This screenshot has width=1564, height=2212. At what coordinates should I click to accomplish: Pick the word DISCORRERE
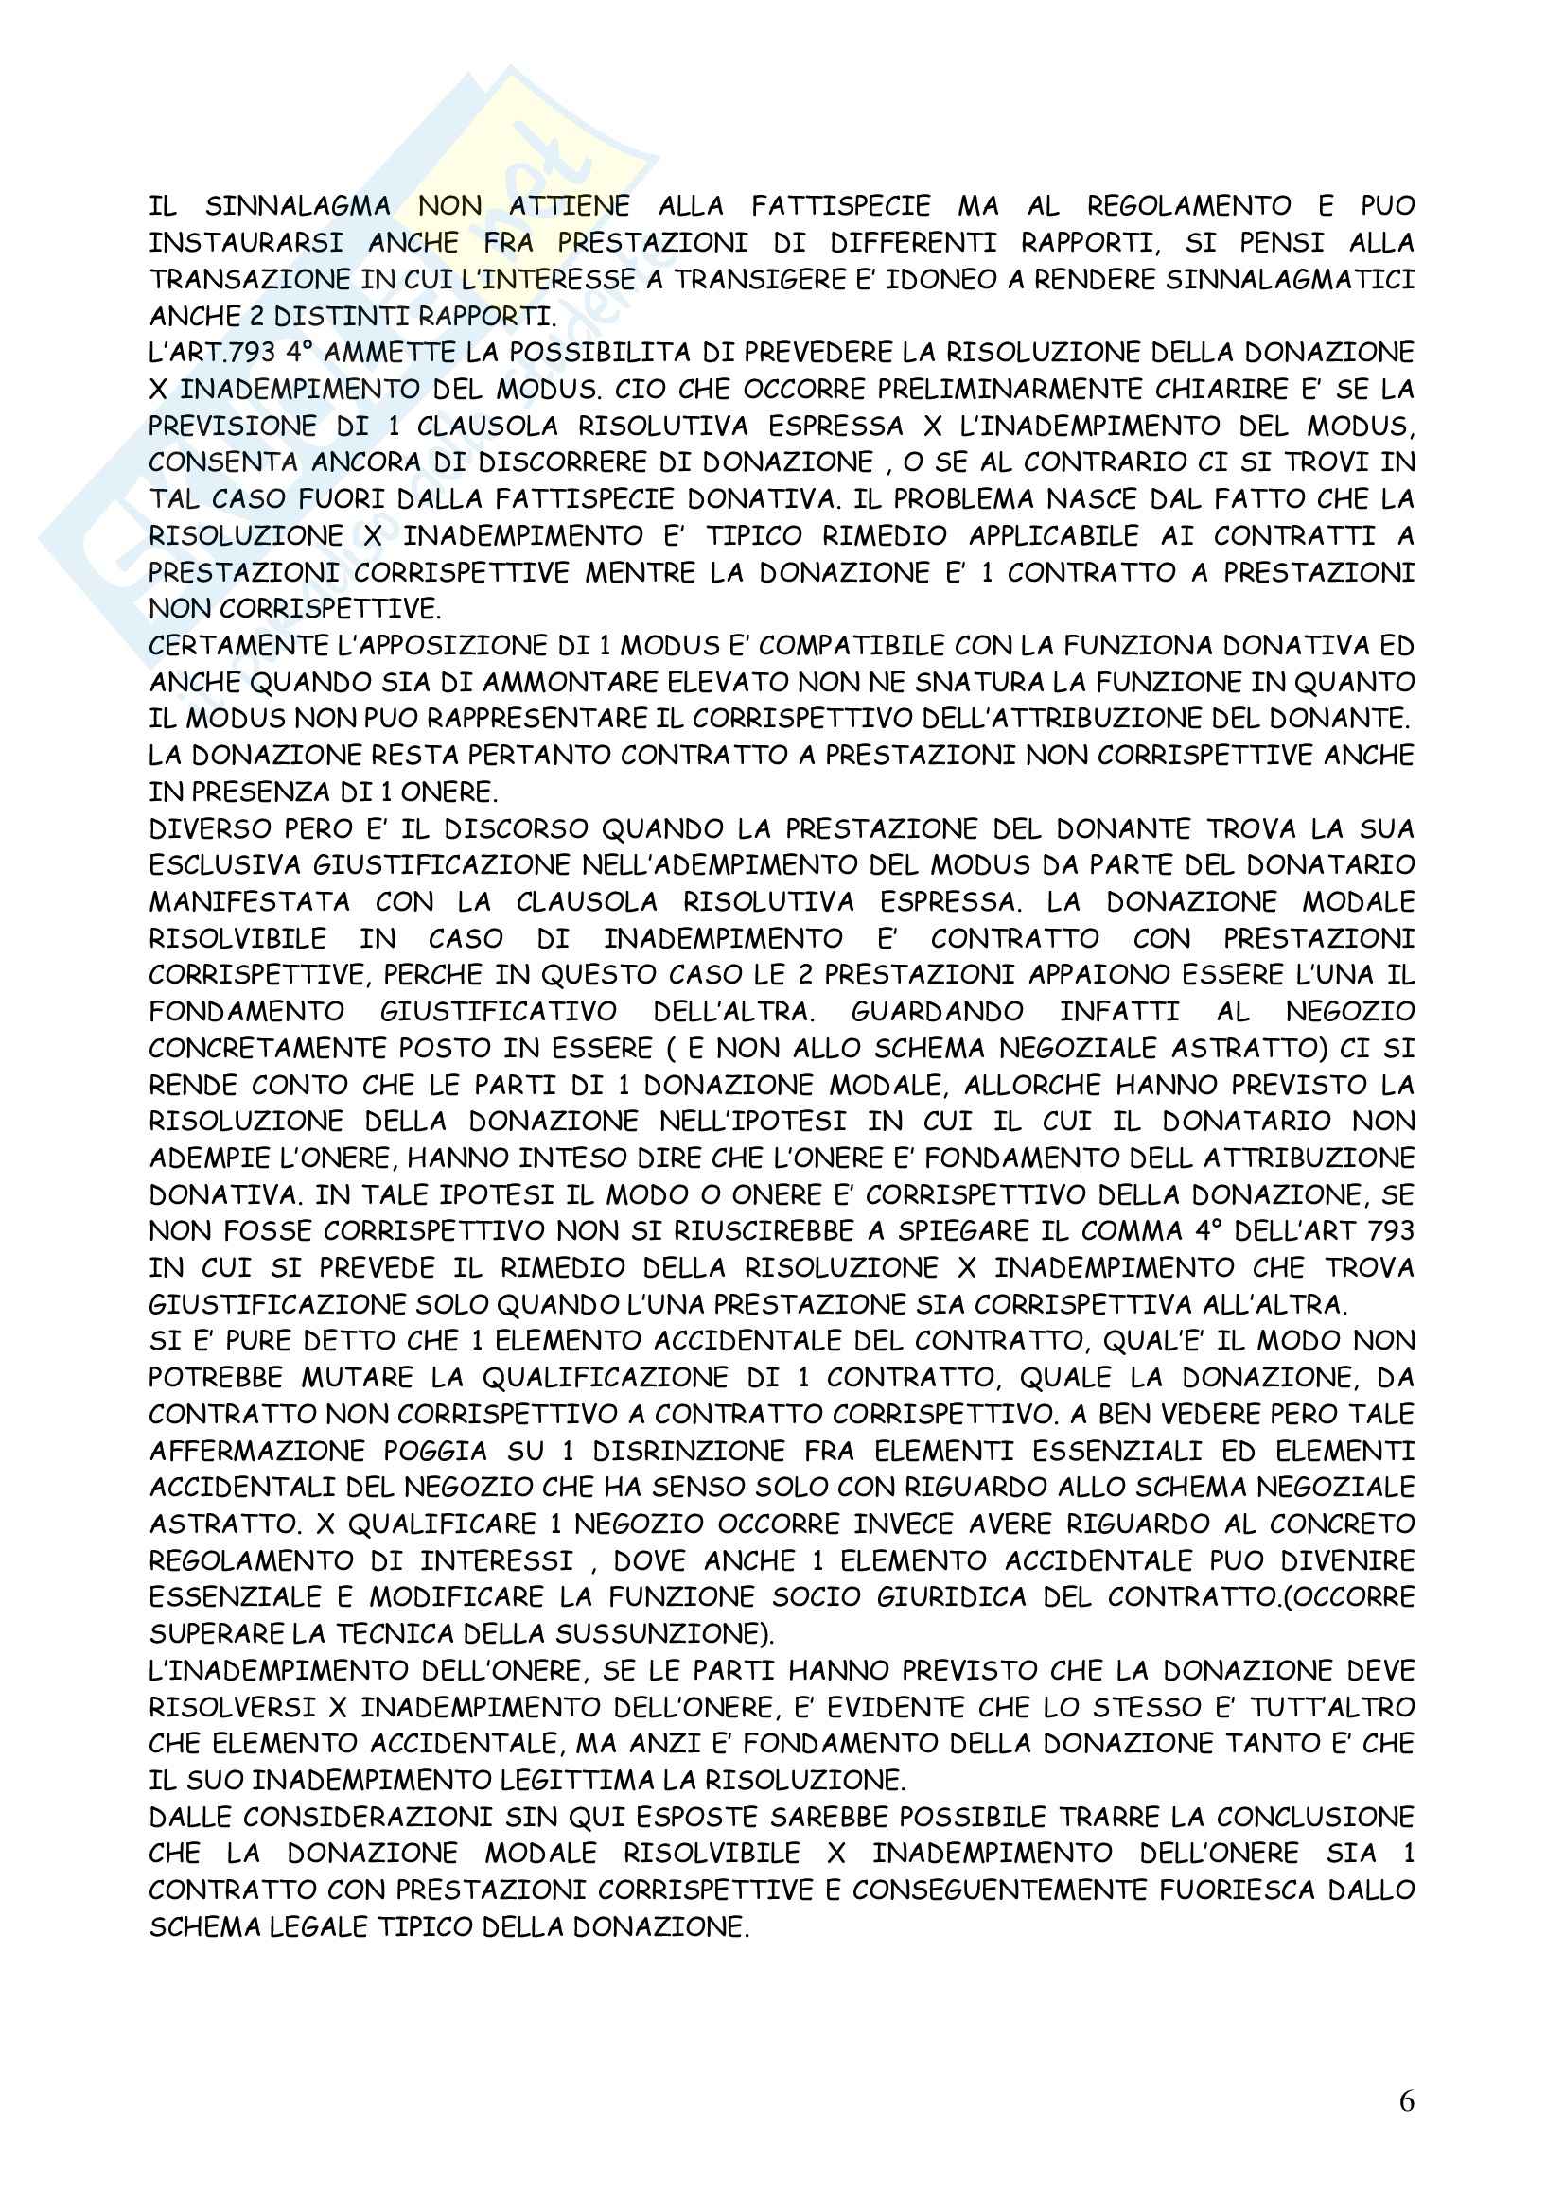(x=571, y=462)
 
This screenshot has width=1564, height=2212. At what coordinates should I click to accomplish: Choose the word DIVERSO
(x=205, y=828)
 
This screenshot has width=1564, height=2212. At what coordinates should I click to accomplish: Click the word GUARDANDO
(x=938, y=1012)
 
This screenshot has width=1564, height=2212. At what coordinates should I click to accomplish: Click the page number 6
(x=1406, y=2101)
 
